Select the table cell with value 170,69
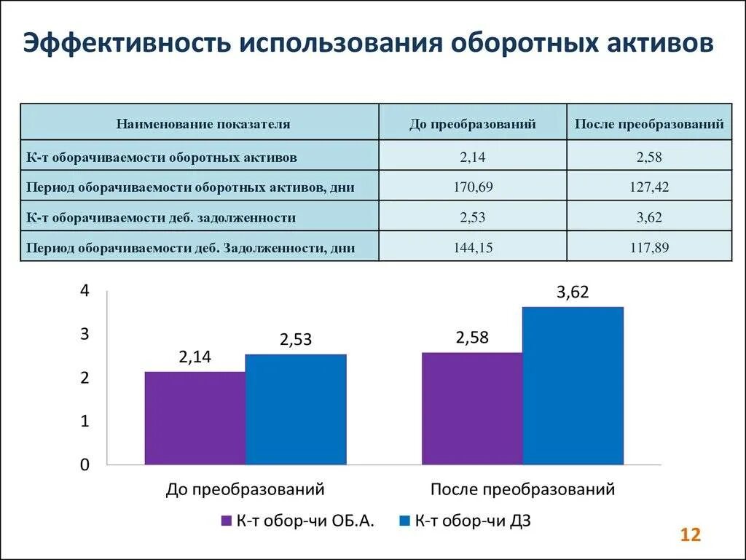pos(472,187)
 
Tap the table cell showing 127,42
pos(649,187)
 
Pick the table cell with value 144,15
pos(472,247)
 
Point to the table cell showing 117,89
pos(649,247)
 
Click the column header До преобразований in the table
pos(472,124)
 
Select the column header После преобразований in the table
pos(649,124)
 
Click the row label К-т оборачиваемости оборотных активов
pos(162,156)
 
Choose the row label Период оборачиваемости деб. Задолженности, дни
pos(190,247)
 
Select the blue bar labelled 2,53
pos(296,409)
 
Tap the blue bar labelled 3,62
pos(573,386)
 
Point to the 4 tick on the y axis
pos(85,291)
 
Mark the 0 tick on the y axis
pos(85,465)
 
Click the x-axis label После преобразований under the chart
pos(522,489)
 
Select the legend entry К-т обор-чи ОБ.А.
pos(298,521)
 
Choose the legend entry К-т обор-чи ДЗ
pos(466,521)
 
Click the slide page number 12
pos(690,535)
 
